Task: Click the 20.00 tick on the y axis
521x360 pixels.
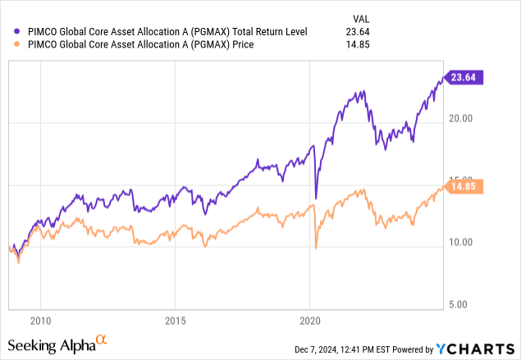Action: click(x=461, y=117)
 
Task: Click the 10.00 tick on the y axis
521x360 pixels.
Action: click(x=461, y=242)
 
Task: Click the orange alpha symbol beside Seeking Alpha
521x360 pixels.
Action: click(x=102, y=338)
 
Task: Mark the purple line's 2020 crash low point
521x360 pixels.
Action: click(x=316, y=199)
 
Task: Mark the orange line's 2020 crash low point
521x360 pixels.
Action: click(x=316, y=248)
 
